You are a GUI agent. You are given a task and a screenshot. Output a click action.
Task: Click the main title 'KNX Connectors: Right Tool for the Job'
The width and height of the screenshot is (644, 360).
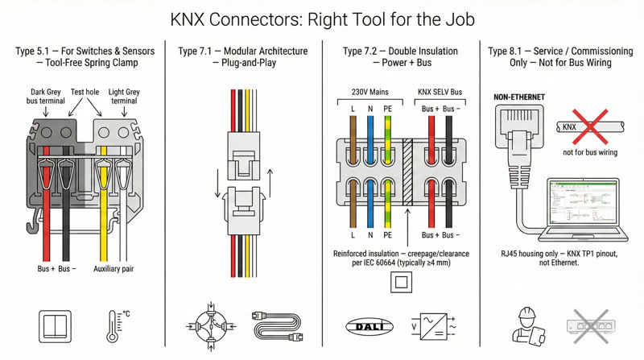click(322, 18)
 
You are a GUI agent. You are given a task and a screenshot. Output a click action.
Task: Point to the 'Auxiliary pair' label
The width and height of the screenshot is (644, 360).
click(115, 268)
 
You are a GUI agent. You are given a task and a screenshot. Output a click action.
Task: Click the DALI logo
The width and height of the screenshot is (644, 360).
click(366, 327)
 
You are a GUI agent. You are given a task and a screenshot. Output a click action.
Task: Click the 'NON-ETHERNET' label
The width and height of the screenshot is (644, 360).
click(518, 97)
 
